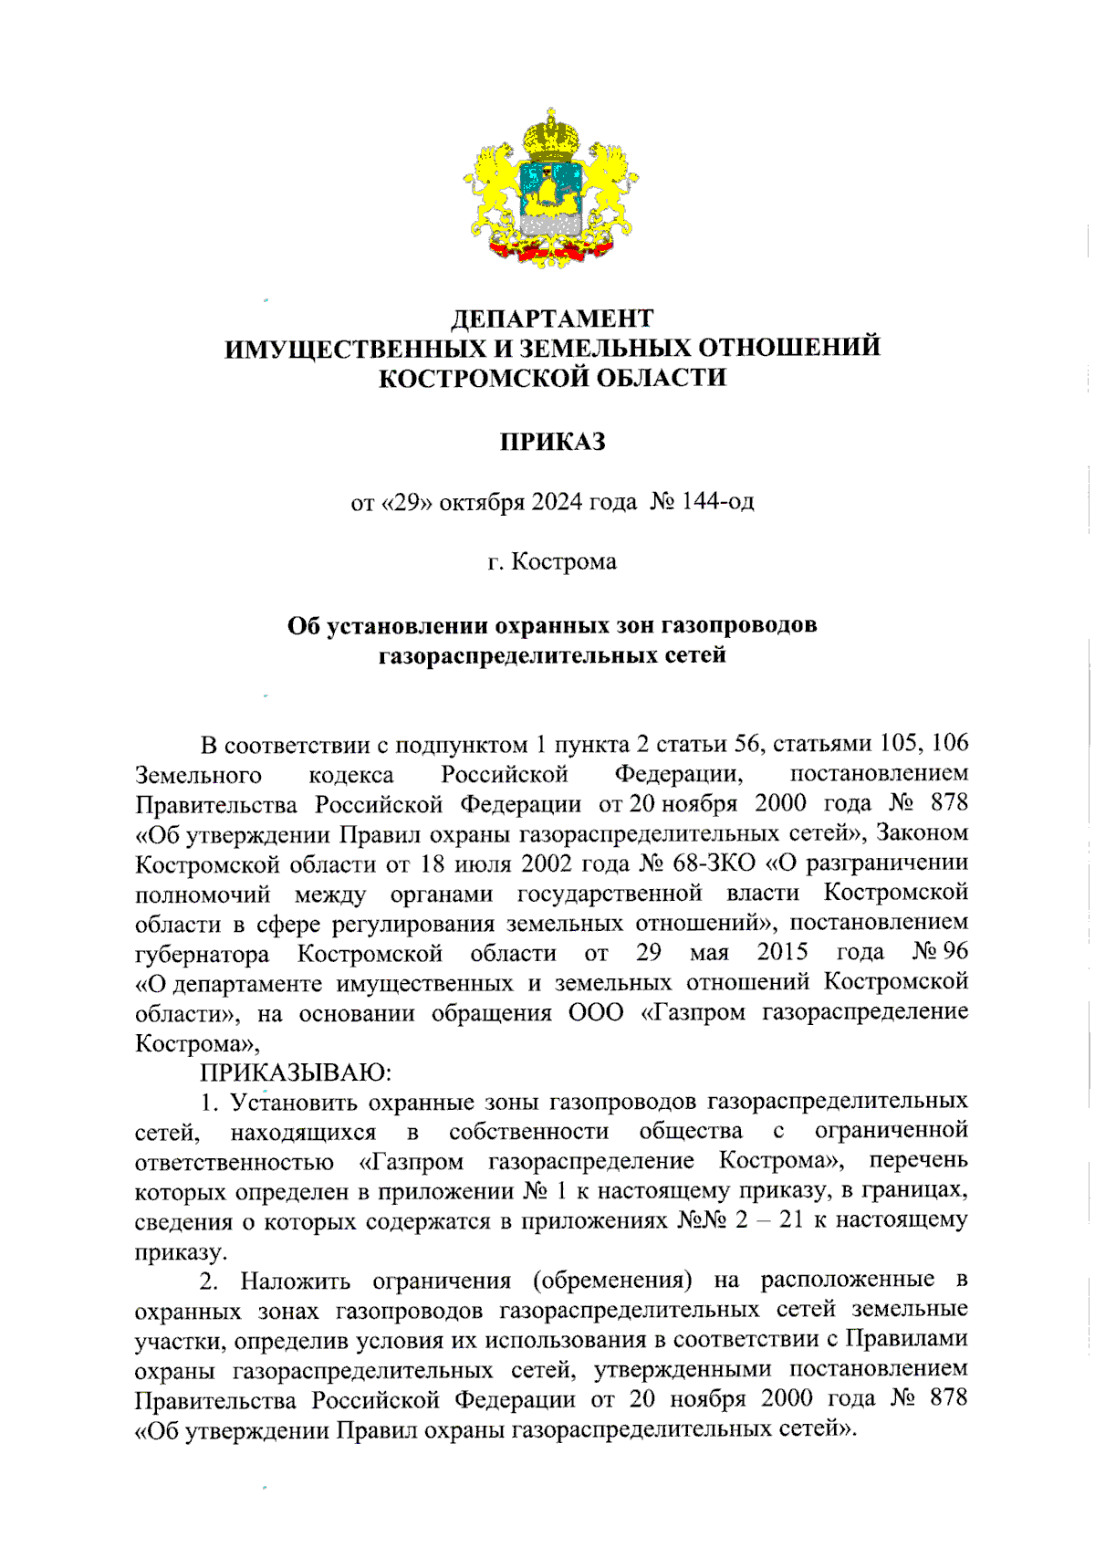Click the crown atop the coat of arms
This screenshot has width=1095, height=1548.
550,135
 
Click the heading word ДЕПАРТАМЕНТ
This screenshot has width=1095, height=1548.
552,319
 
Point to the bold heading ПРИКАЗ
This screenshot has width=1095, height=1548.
552,442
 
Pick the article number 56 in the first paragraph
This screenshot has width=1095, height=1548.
747,744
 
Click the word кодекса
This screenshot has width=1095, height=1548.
351,775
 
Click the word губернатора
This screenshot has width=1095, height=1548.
202,954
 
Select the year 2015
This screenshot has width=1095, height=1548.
782,952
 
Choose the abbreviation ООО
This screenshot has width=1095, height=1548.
596,1012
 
